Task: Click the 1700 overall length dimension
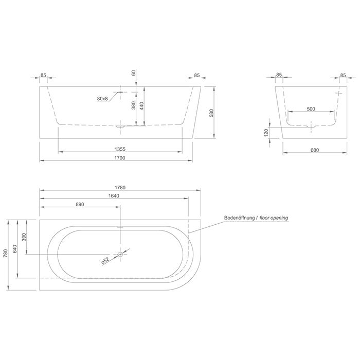coord(120,158)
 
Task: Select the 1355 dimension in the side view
coord(120,149)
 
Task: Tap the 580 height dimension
coord(211,113)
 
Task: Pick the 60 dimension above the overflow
coord(134,74)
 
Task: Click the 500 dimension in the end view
coord(311,109)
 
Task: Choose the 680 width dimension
coord(315,151)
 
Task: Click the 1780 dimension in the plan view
coord(120,187)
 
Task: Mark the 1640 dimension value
coord(114,195)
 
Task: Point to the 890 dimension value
coord(80,204)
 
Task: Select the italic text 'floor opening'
coord(274,218)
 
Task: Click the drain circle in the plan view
coord(120,254)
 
